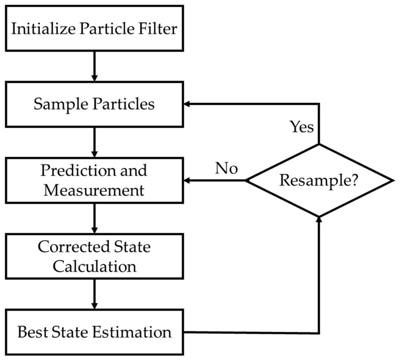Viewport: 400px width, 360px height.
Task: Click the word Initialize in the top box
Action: pos(43,29)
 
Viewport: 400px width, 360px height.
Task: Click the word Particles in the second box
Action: pos(124,104)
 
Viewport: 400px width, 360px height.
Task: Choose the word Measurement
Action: pos(94,190)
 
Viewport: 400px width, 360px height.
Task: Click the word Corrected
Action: pos(74,247)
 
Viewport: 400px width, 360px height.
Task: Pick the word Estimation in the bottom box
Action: pos(132,332)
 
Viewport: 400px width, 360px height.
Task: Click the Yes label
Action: pos(302,127)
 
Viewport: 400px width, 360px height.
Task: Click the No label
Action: pos(226,168)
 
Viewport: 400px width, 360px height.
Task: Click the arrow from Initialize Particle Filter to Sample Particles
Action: pos(94,67)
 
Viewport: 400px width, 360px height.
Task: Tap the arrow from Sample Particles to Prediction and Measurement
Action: pos(94,142)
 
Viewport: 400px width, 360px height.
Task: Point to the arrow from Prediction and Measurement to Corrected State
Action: pos(94,218)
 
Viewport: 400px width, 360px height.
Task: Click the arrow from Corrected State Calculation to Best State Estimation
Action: pos(94,294)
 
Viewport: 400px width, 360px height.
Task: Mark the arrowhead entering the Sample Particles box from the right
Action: pos(186,104)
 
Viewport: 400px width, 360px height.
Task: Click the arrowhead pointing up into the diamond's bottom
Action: pos(319,219)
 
